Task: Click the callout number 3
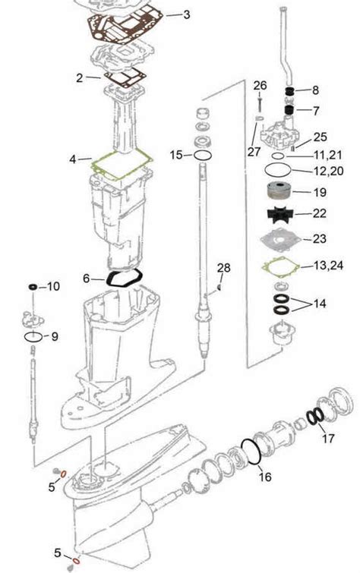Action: tap(187, 14)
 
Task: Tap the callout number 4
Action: tap(73, 159)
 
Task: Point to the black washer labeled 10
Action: tap(33, 287)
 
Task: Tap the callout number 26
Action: tap(260, 86)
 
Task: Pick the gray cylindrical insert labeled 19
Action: tap(280, 192)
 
